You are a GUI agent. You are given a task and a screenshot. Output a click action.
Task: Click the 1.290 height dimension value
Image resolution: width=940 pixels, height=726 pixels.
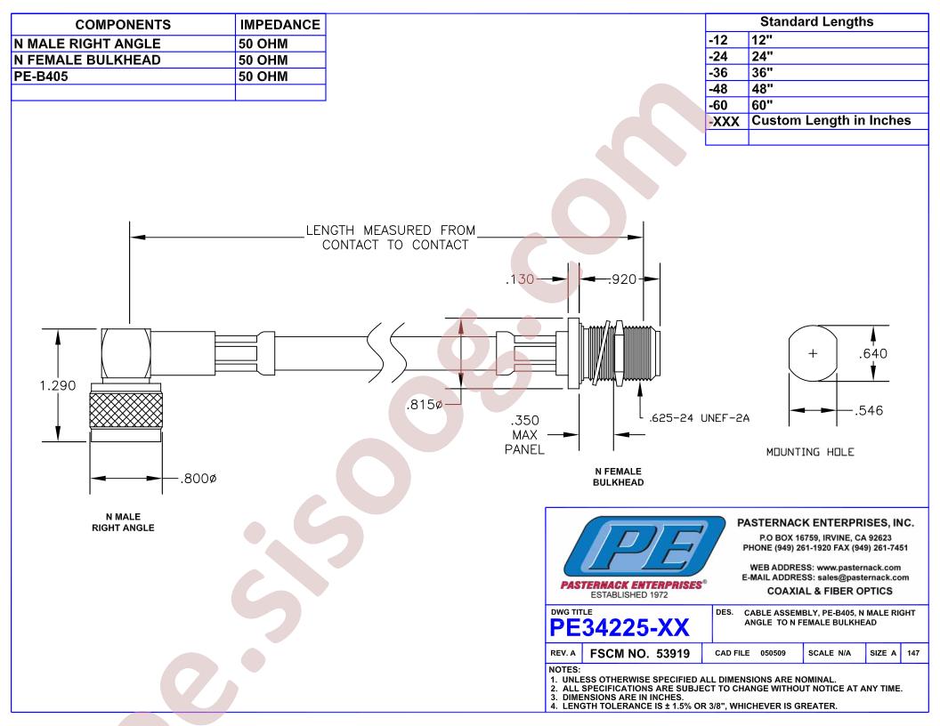tap(58, 385)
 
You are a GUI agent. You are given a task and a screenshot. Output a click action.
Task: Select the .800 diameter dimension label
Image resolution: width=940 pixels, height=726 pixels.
tap(199, 478)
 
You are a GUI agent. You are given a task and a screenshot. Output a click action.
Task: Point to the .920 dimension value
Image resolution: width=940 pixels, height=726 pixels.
tap(622, 278)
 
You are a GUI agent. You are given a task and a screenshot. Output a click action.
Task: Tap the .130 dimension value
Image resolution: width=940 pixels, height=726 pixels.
tap(520, 278)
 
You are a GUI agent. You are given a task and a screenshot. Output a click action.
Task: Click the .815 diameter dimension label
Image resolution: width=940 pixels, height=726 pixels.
tap(425, 404)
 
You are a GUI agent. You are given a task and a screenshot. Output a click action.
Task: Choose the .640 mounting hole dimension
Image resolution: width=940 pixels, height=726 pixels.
tap(873, 353)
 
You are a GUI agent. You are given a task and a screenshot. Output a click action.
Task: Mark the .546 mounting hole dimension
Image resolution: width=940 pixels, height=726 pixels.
tap(869, 410)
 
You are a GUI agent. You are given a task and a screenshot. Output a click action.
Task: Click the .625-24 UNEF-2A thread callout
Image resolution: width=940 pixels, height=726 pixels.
tap(699, 418)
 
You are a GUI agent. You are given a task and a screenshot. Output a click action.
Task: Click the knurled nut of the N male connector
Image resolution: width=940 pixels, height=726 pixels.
tap(126, 410)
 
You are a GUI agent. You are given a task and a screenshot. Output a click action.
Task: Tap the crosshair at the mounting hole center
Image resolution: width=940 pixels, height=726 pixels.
tap(813, 353)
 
